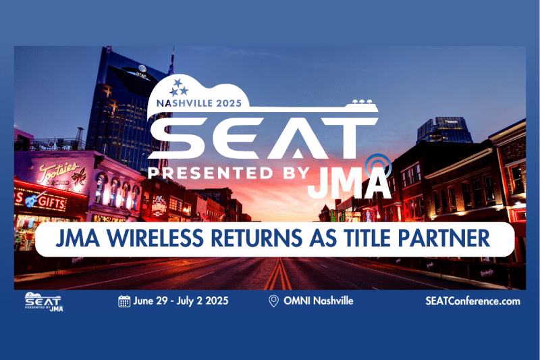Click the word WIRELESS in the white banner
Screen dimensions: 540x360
[x=155, y=238]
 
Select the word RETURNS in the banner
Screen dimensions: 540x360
[x=256, y=238]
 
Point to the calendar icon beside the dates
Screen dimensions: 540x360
[x=124, y=301]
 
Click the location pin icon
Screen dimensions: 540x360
[x=273, y=301]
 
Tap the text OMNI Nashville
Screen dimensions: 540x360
[x=318, y=301]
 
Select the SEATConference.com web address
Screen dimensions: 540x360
[x=473, y=301]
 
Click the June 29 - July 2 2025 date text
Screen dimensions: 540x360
[x=181, y=301]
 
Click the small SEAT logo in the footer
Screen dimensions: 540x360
[x=44, y=302]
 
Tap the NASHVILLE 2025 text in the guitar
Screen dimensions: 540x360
[x=199, y=103]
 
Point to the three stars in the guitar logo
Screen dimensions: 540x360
[x=179, y=88]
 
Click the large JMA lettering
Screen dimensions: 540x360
[x=349, y=182]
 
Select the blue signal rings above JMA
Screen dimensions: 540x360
[x=378, y=166]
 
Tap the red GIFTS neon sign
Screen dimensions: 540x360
[x=52, y=201]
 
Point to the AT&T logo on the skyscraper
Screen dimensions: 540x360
[x=142, y=71]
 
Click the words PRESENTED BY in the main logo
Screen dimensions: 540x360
[x=228, y=173]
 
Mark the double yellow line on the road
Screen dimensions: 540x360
[x=278, y=274]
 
